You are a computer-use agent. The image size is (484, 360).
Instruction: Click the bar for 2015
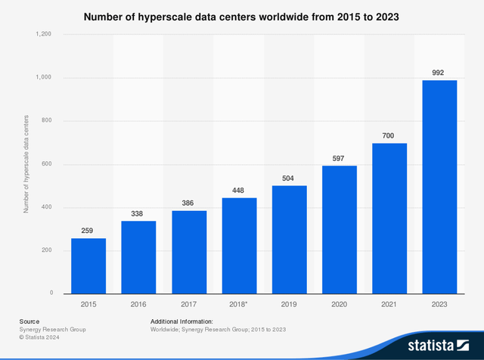coord(88,265)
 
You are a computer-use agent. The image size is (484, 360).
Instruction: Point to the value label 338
coord(138,214)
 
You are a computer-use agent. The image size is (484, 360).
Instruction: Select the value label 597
coord(340,158)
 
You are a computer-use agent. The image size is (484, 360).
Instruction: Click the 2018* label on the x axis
coord(239,303)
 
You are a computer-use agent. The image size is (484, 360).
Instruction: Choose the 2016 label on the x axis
coord(138,303)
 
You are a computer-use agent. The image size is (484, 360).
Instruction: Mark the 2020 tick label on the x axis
coord(340,303)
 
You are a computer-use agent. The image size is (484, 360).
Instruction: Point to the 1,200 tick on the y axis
coord(42,34)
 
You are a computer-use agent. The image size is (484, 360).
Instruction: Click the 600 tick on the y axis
coord(45,164)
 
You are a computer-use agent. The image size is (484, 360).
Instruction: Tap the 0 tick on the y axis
coord(50,293)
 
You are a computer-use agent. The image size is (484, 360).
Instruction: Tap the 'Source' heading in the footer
coord(29,321)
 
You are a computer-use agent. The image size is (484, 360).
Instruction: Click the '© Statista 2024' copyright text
coord(44,338)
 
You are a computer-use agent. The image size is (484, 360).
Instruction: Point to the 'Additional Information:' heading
coord(181,321)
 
